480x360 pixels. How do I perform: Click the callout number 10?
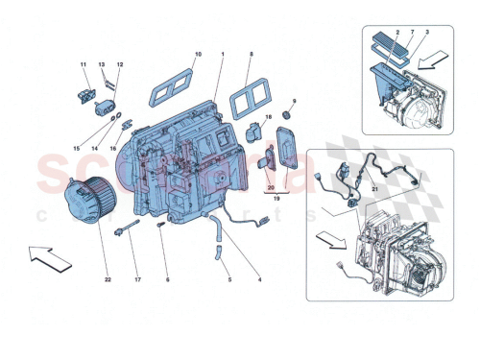(x=199, y=54)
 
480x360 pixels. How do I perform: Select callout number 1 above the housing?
(x=222, y=54)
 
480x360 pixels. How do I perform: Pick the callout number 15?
(x=78, y=148)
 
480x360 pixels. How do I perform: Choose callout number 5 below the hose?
(x=228, y=279)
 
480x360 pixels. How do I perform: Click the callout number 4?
(x=258, y=279)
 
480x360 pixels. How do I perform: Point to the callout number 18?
(x=270, y=116)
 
